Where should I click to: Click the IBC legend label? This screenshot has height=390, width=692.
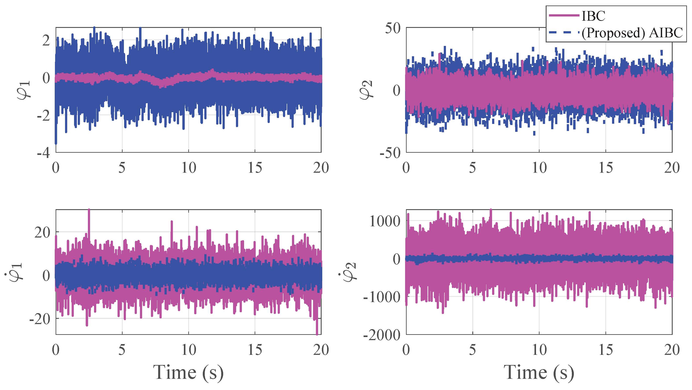pyautogui.click(x=593, y=16)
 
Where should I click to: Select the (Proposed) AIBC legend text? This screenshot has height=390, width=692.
pyautogui.click(x=632, y=33)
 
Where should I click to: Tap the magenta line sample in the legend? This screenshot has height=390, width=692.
pyautogui.click(x=563, y=16)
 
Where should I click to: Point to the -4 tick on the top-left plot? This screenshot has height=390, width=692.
pyautogui.click(x=43, y=153)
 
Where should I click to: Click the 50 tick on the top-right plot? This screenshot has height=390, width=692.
pyautogui.click(x=393, y=28)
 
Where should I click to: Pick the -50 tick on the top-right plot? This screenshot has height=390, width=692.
pyautogui.click(x=390, y=153)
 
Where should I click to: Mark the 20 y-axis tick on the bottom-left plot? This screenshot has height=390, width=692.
pyautogui.click(x=42, y=233)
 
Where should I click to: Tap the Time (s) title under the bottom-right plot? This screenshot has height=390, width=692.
pyautogui.click(x=539, y=373)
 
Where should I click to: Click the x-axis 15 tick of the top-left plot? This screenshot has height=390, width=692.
pyautogui.click(x=255, y=168)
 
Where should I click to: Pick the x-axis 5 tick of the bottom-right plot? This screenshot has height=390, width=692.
pyautogui.click(x=472, y=350)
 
